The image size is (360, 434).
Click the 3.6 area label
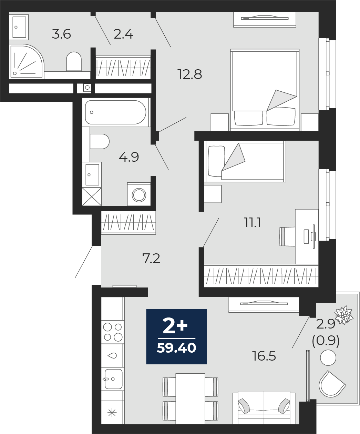[61, 34]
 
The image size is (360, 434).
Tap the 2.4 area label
[123, 34]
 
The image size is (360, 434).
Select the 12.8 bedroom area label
[190, 74]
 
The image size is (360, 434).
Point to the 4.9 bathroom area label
[129, 157]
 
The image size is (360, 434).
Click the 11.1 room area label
[253, 223]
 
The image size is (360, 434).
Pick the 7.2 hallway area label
[151, 259]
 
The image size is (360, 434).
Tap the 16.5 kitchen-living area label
[264, 356]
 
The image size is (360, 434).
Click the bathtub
[115, 112]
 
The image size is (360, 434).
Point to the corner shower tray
[27, 61]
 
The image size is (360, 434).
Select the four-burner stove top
[113, 332]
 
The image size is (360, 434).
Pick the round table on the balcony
[328, 358]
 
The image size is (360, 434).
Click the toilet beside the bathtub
[100, 141]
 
